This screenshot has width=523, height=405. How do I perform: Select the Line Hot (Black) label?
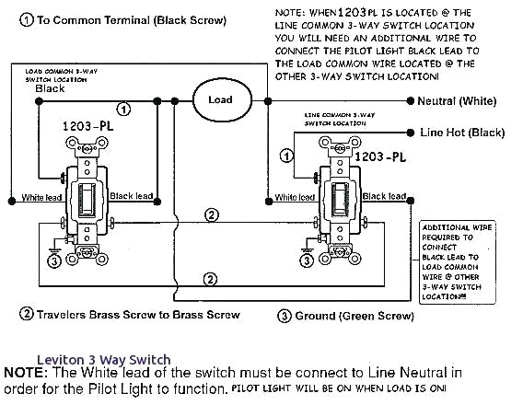click(x=463, y=133)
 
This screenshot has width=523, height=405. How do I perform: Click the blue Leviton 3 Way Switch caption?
click(x=103, y=360)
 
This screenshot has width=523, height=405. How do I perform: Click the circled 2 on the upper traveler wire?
click(x=213, y=215)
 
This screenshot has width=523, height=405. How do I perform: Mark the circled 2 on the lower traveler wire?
click(x=213, y=278)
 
